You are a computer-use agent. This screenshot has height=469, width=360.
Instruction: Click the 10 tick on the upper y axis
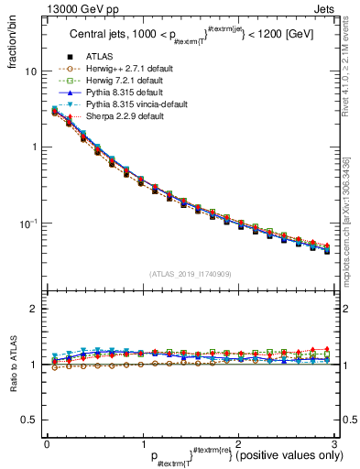click(30, 71)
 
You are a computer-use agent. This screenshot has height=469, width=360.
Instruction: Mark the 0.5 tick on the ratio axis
click(28, 420)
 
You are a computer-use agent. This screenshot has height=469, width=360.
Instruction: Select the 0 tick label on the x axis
click(47, 443)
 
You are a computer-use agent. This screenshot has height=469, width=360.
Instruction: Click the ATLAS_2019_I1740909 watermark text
click(190, 274)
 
